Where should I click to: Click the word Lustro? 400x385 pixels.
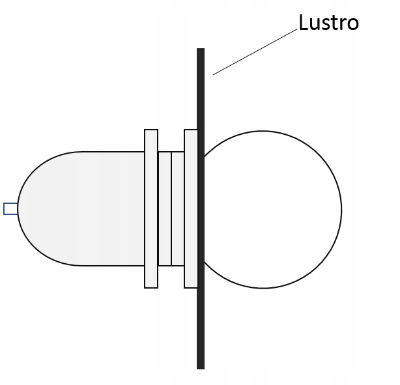tap(328, 22)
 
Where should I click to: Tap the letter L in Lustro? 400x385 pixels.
tap(304, 22)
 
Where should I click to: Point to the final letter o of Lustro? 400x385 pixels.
tap(353, 24)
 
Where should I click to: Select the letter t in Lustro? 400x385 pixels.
tap(335, 23)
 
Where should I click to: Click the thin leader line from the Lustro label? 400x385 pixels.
tap(255, 52)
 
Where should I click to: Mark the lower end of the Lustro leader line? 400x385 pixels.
tap(213, 75)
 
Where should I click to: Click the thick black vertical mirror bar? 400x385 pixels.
tap(201, 208)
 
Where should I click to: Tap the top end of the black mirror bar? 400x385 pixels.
tap(201, 48)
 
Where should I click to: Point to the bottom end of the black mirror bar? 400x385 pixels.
tap(201, 369)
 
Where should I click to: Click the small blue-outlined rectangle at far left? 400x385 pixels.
tap(10, 208)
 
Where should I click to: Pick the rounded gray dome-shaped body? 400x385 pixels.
tap(81, 208)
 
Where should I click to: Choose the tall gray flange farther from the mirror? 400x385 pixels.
tap(151, 208)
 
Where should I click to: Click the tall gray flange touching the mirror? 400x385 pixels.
tap(191, 208)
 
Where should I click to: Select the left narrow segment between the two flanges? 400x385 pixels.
tap(165, 208)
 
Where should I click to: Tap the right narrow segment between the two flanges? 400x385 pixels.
tap(178, 208)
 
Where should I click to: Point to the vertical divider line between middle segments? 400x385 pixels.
tap(171, 208)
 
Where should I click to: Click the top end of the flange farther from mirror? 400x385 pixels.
tap(151, 130)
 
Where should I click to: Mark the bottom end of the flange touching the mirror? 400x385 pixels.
tap(191, 288)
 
